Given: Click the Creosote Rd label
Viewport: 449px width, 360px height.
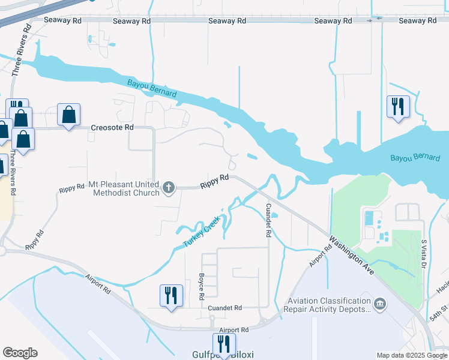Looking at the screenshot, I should click(x=112, y=128).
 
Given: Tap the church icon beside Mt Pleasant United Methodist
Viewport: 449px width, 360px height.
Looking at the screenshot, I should click(x=169, y=188).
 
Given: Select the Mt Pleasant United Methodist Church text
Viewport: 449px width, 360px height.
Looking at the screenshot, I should click(x=124, y=188).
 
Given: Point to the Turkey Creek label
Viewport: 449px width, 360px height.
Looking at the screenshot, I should click(x=202, y=233).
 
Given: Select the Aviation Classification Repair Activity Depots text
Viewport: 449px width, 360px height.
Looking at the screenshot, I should click(x=329, y=305).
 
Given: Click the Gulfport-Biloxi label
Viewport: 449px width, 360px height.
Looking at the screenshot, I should click(x=223, y=355).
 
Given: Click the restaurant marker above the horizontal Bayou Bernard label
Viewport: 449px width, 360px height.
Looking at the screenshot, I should click(x=398, y=107).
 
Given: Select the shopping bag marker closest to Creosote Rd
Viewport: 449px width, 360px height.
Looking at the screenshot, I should click(x=69, y=114).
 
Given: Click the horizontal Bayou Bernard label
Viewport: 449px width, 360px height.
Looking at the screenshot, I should click(x=415, y=158).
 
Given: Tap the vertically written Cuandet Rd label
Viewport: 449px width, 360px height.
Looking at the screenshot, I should click(x=268, y=220).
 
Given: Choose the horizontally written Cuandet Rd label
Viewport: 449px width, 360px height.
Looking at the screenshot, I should click(x=224, y=308).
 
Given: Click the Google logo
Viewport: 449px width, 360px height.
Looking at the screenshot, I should click(x=20, y=353).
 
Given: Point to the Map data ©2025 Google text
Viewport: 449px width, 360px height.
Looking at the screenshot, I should click(x=411, y=355).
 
